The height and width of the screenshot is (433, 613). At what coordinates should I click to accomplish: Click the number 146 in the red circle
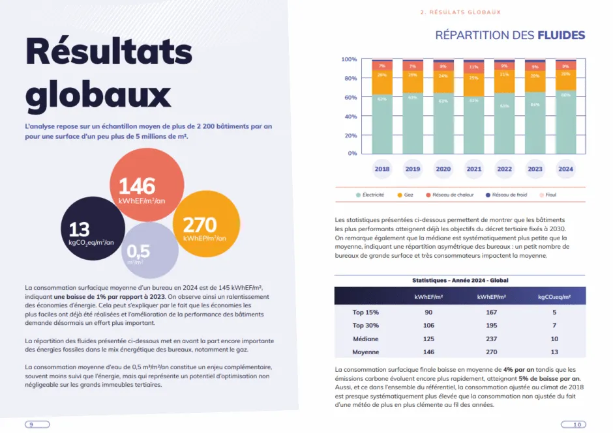137,186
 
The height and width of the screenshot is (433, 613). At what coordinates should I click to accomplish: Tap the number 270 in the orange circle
200,224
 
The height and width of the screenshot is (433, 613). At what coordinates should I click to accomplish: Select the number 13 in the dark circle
79,229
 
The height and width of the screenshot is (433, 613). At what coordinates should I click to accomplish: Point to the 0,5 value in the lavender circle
138,251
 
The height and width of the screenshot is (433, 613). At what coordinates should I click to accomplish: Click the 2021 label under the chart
473,169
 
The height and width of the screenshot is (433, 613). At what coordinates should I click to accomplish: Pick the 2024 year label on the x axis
565,169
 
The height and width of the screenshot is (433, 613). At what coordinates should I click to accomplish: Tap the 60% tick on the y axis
350,98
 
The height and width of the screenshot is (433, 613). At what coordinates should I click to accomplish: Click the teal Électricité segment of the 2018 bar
381,124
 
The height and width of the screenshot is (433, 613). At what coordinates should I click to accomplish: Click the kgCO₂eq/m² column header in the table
554,296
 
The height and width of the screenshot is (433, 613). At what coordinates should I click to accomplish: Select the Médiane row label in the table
365,339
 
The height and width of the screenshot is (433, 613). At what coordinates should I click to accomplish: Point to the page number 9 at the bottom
31,424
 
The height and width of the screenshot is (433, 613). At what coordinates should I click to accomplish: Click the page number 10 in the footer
576,424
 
